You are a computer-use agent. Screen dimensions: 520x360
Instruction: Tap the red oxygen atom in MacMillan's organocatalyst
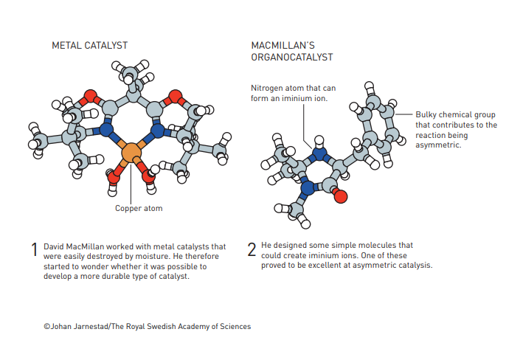pos(340,196)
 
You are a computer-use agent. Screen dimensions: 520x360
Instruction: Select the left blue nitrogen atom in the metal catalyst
pos(108,131)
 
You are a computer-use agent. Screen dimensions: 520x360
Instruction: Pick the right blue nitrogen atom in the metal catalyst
pos(157,131)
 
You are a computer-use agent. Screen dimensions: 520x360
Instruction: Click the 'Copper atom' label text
pos(139,209)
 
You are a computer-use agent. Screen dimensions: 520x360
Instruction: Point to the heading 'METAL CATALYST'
pos(86,45)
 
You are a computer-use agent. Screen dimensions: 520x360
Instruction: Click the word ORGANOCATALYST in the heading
pos(292,57)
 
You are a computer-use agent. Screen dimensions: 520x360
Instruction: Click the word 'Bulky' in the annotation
pos(427,115)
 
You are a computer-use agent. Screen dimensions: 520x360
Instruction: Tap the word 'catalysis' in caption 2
pos(413,266)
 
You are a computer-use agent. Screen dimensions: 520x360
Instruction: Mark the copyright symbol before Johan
pos(46,326)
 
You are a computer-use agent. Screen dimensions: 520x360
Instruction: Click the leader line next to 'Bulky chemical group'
pos(404,114)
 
